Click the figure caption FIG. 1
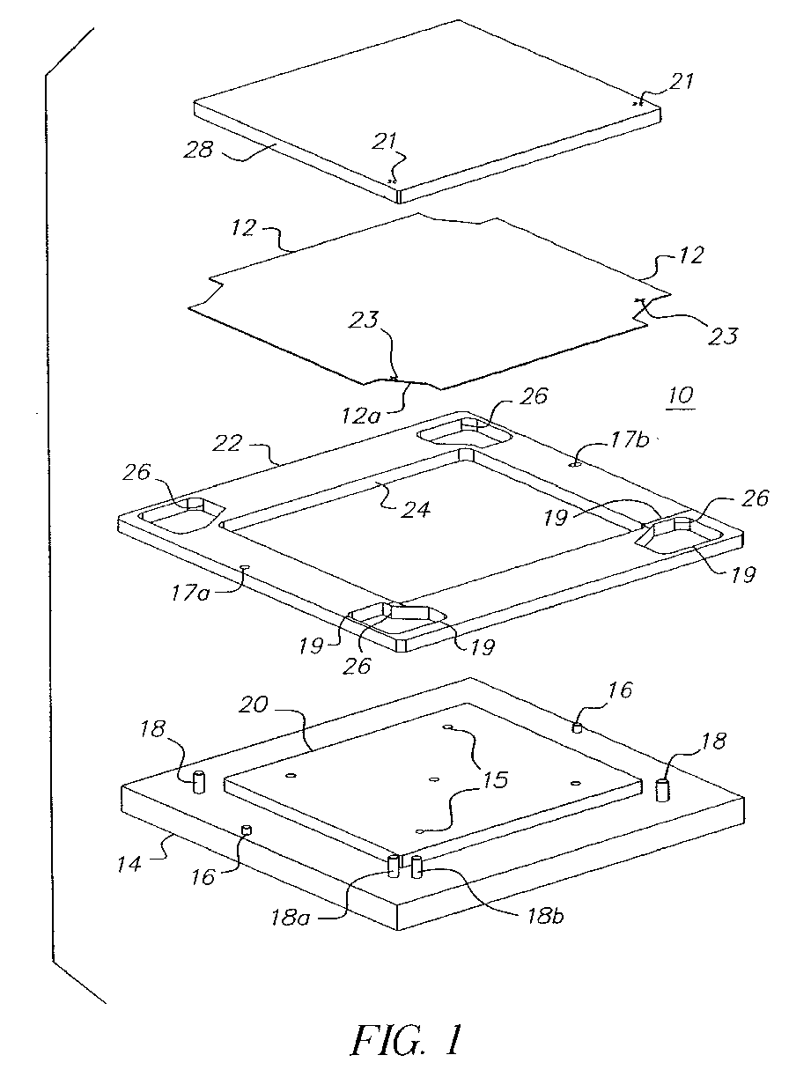406,1042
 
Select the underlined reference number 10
679,396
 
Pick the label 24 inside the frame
416,507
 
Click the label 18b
538,914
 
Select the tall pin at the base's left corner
199,780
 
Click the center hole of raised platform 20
434,778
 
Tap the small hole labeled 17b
573,461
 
